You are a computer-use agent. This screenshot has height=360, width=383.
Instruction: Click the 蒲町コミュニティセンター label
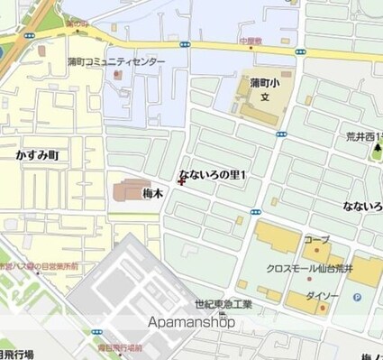[117, 61]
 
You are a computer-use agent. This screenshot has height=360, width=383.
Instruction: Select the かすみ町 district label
[37, 155]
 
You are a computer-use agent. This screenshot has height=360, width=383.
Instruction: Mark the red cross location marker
[182, 180]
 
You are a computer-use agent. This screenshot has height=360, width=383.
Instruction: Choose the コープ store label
[315, 241]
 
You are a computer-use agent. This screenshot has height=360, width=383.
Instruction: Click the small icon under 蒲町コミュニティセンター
[117, 75]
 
